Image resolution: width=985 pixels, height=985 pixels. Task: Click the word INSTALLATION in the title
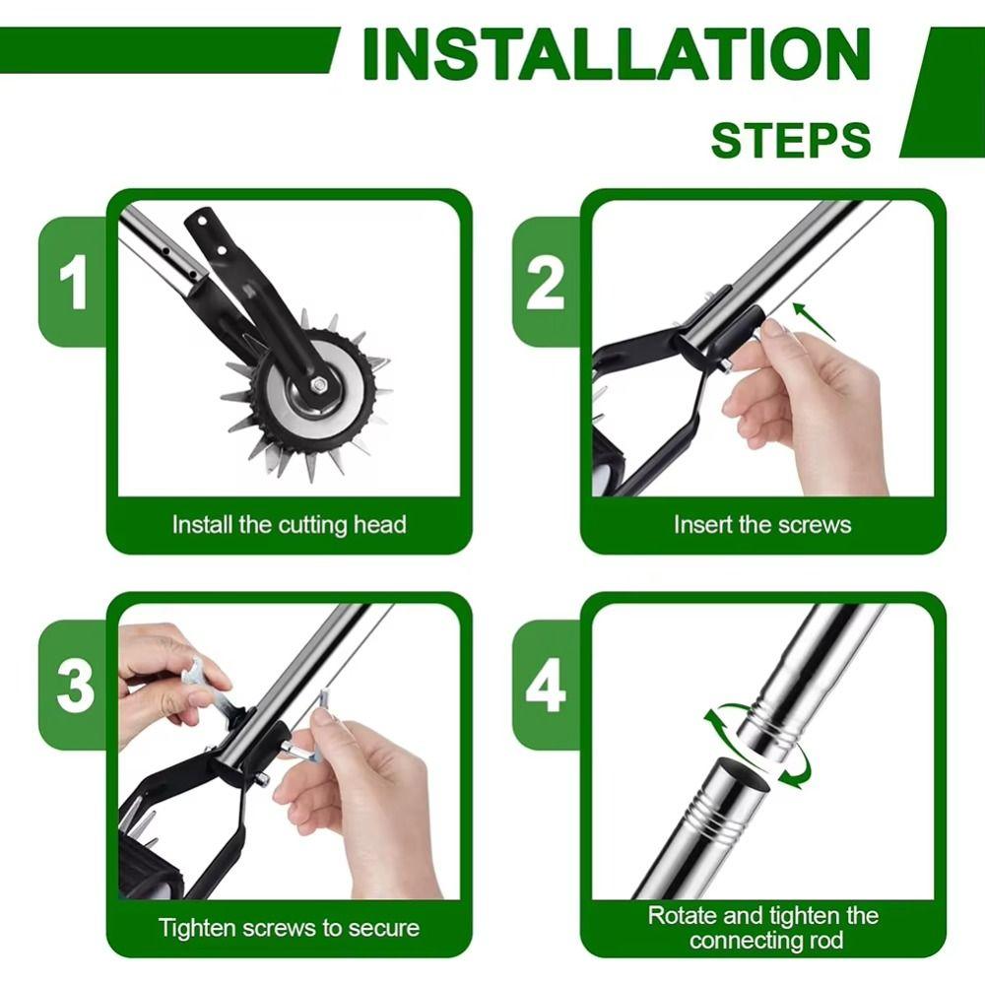coord(616,56)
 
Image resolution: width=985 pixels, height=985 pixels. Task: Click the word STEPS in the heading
coord(791,141)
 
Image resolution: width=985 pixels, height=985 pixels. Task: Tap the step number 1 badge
coord(74,282)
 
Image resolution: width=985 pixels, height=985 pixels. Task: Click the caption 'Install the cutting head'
coord(289,524)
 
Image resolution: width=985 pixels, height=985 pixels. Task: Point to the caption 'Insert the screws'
coord(761,524)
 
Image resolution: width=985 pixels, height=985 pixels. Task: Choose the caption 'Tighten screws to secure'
coord(289,927)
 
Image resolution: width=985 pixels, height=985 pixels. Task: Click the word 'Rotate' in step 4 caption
coord(683,915)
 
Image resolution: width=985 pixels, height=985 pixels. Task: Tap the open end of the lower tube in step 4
coord(739,773)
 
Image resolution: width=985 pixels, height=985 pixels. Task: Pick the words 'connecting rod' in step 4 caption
coord(766,940)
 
